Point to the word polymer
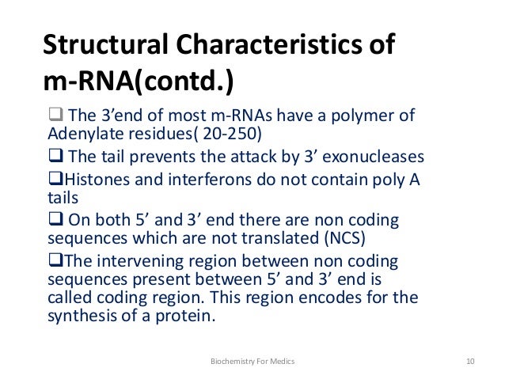pyautogui.click(x=367, y=116)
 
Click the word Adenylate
pyautogui.click(x=79, y=132)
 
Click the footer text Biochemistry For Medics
pyautogui.click(x=252, y=362)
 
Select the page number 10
pyautogui.click(x=470, y=362)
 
